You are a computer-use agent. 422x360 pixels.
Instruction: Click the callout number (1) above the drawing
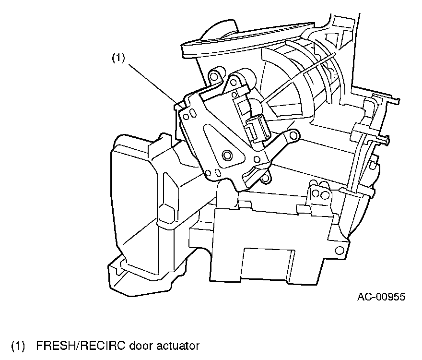tap(118, 58)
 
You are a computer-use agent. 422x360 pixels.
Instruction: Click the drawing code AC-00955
tap(381, 296)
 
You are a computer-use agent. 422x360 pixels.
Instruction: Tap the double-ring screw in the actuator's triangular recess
tap(227, 155)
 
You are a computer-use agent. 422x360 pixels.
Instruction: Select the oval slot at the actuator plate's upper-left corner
tap(191, 114)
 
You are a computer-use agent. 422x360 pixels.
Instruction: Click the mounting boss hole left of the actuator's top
tap(213, 75)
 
